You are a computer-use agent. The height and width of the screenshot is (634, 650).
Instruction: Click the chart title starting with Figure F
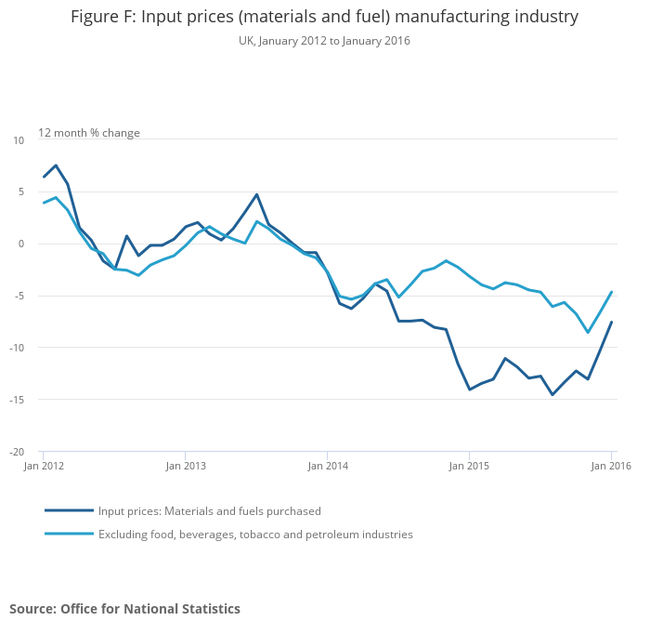(324, 17)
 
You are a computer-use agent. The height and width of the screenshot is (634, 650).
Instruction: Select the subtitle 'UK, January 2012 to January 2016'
(324, 41)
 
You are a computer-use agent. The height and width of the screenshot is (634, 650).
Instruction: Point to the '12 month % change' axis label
(89, 133)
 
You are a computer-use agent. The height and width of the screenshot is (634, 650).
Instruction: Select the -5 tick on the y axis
(19, 297)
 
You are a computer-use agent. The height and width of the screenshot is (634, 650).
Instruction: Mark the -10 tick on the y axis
(18, 349)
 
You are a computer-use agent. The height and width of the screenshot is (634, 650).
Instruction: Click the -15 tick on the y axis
(18, 401)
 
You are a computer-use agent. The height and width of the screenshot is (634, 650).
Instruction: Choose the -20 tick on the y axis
(18, 453)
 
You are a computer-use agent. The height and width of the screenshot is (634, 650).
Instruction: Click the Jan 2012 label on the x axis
(43, 465)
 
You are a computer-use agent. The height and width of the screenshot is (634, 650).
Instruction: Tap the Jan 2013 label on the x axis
(185, 465)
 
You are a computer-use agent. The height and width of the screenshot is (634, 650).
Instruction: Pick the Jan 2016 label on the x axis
(610, 465)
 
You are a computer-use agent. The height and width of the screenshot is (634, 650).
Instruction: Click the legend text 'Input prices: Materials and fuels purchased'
(210, 510)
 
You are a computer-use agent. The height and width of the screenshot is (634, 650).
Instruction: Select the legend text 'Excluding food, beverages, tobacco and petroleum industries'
(255, 535)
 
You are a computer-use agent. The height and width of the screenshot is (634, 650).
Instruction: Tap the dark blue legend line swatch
(69, 510)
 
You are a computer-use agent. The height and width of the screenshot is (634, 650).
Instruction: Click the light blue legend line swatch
(69, 535)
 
